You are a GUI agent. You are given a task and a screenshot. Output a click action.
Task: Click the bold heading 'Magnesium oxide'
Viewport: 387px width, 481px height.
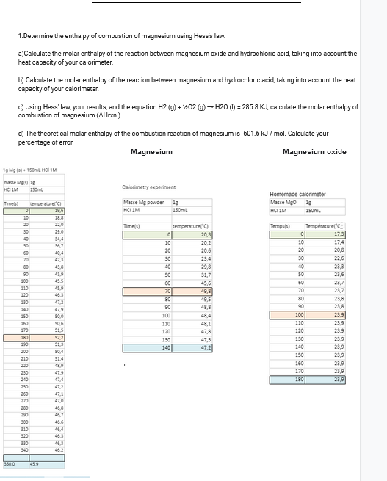pos(314,152)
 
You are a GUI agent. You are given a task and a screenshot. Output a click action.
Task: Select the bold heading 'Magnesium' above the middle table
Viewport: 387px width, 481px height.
pos(151,152)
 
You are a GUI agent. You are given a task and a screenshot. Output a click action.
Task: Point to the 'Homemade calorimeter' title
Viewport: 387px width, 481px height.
pos(297,194)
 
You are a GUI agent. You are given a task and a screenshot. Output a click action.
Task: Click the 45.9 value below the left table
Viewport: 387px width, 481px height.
pos(35,463)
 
